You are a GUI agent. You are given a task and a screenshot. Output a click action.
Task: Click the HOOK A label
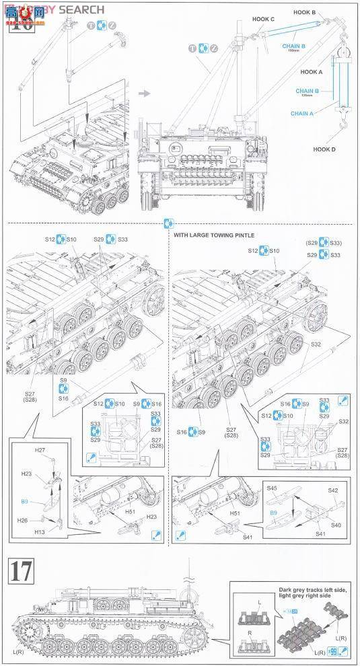pyautogui.click(x=312, y=71)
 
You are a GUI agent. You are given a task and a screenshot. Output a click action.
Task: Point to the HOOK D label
pyautogui.click(x=324, y=149)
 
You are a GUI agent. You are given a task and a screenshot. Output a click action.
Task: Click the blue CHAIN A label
pyautogui.click(x=301, y=114)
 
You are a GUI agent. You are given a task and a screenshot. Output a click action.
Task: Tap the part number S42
pyautogui.click(x=332, y=490)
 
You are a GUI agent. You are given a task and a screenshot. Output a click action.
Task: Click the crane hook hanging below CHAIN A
pyautogui.click(x=343, y=126)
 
